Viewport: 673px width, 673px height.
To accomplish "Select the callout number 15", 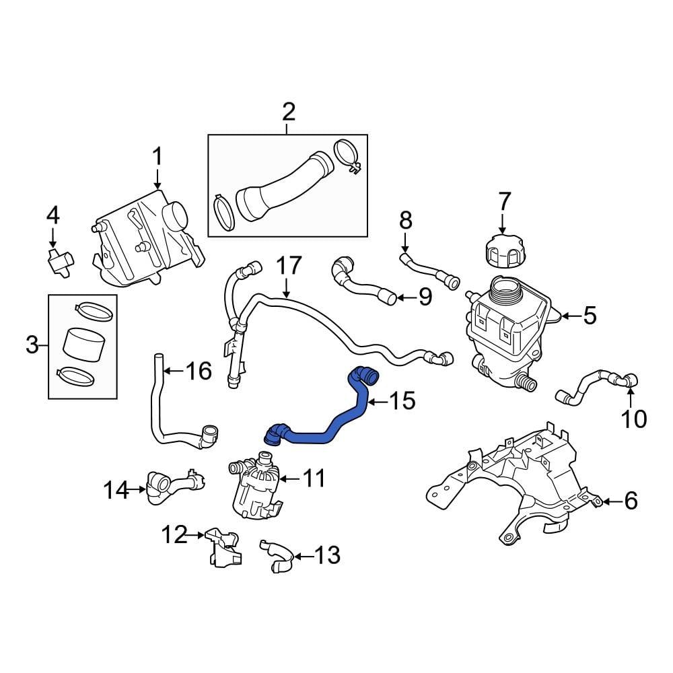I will point(402,402).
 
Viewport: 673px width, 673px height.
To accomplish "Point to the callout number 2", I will point(288,112).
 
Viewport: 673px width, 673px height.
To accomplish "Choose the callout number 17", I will point(289,266).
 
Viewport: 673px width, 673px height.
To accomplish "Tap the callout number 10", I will point(633,419).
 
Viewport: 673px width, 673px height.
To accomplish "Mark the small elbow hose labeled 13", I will point(276,556).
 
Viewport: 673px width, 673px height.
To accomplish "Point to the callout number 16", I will point(199,371).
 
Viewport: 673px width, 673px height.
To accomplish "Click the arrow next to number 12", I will point(197,536).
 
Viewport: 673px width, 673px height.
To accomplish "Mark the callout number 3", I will point(32,346).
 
